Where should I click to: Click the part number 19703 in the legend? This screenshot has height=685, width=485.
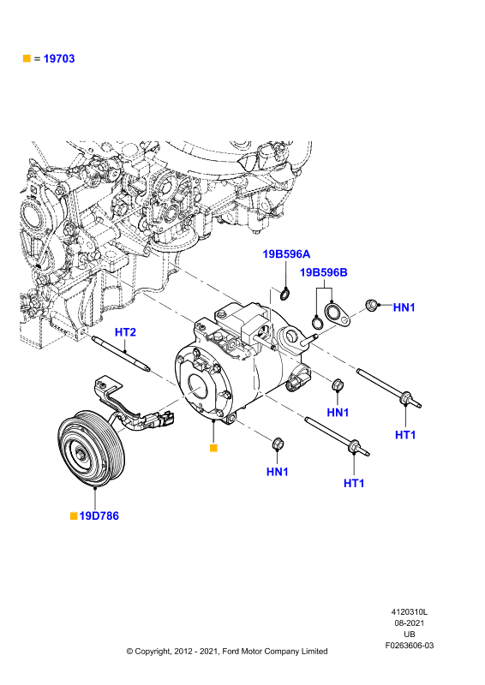pyautogui.click(x=59, y=58)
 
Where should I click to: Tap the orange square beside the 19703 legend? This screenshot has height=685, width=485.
pyautogui.click(x=27, y=58)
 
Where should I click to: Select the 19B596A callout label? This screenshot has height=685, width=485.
pyautogui.click(x=286, y=253)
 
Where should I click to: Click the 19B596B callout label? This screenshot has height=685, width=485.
pyautogui.click(x=324, y=272)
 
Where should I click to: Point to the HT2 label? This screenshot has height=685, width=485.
pyautogui.click(x=125, y=332)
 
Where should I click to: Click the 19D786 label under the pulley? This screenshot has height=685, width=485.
pyautogui.click(x=99, y=516)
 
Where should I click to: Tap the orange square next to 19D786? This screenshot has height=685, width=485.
pyautogui.click(x=74, y=516)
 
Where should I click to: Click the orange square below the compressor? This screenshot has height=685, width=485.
pyautogui.click(x=213, y=448)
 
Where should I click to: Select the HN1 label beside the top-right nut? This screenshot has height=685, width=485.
pyautogui.click(x=404, y=307)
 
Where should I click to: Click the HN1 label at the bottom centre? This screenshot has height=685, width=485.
pyautogui.click(x=278, y=472)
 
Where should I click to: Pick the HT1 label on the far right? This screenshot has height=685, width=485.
pyautogui.click(x=405, y=435)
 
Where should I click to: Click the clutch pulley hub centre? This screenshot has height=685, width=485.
pyautogui.click(x=81, y=455)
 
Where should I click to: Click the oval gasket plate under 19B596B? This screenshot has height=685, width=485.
pyautogui.click(x=338, y=315)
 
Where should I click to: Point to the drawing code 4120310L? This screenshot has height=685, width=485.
pyautogui.click(x=410, y=612)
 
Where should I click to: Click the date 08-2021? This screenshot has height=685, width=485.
pyautogui.click(x=410, y=623)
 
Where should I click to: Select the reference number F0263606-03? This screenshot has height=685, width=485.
pyautogui.click(x=410, y=646)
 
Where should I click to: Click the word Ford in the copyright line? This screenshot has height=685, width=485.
pyautogui.click(x=231, y=652)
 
